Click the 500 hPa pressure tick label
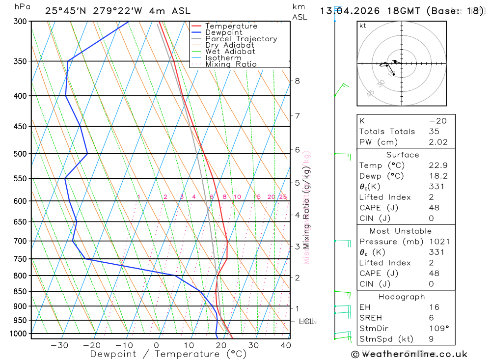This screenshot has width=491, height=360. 20,154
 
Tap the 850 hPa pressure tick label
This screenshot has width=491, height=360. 20,291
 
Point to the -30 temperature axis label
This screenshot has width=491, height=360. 59,345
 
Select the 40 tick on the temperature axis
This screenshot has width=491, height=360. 285,345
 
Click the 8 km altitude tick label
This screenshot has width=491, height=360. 298,81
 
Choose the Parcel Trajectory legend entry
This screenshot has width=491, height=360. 241,39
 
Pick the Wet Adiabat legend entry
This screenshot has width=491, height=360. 230,52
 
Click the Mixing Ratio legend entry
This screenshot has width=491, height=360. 231,64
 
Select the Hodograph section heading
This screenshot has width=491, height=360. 402,297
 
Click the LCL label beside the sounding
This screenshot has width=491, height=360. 306,322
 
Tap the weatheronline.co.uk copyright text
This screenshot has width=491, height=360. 409,354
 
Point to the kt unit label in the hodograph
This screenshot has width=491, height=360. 363,26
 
